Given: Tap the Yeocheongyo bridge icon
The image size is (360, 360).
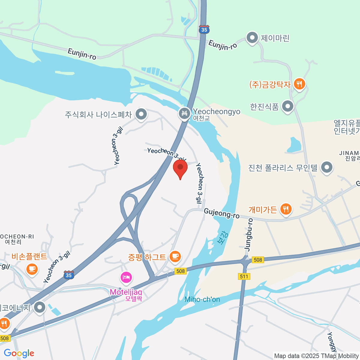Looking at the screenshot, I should (x=184, y=113).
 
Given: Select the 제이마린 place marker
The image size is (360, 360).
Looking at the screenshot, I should (x=252, y=38).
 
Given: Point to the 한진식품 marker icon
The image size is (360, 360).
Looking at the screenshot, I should (x=288, y=106).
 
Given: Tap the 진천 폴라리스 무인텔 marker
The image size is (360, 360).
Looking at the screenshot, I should (x=327, y=167).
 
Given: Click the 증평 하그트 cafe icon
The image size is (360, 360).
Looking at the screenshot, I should (x=175, y=256).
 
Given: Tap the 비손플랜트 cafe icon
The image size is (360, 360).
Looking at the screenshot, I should (x=32, y=269).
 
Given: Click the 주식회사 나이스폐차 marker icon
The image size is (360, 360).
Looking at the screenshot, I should (x=141, y=114).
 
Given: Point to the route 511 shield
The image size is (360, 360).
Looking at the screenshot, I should (x=244, y=276).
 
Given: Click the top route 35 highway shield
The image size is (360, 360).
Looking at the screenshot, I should (x=204, y=29).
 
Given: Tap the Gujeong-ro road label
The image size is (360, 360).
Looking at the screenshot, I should (x=221, y=213).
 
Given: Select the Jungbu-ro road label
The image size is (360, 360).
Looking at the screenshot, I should (x=249, y=235).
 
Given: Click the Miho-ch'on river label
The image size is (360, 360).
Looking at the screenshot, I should (x=202, y=299).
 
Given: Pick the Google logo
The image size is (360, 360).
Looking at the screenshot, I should (x=19, y=353).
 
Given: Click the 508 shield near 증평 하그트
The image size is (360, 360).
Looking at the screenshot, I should (x=180, y=271).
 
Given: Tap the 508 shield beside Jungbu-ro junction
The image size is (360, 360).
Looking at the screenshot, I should (x=258, y=260).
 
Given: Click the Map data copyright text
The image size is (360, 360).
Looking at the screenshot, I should (x=316, y=356).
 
